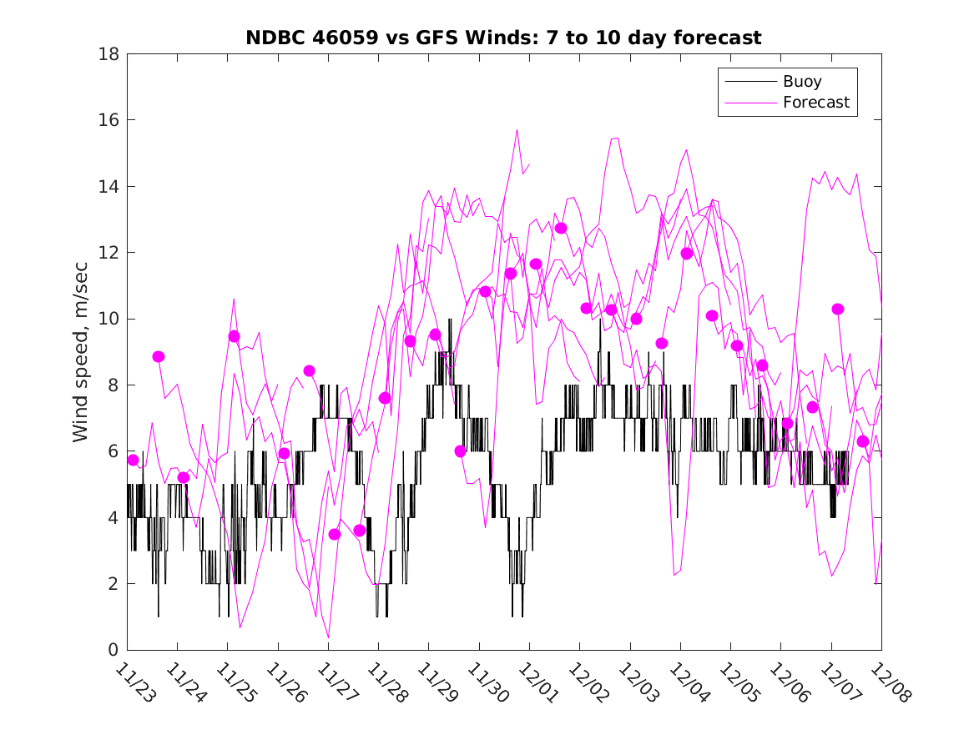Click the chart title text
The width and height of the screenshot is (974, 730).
coord(503,38)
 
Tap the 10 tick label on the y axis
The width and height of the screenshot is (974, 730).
coord(109,319)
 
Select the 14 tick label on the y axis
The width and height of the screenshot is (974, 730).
coord(109,186)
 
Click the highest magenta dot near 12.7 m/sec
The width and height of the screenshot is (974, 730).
coord(561,228)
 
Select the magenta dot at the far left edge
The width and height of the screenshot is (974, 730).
coord(133,460)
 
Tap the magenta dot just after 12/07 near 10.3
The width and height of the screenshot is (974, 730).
coord(838,309)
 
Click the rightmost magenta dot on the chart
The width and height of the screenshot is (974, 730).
coord(863,441)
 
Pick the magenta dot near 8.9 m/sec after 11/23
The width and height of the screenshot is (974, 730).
coord(159,356)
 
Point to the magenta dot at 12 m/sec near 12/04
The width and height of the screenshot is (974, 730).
coord(687,254)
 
